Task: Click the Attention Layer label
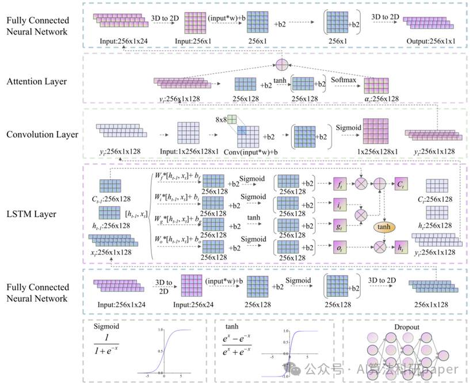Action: pos(37,82)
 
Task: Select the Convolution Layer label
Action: pos(43,135)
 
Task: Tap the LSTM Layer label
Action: pos(31,214)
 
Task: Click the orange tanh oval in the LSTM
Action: pos(384,227)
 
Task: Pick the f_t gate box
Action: pos(340,185)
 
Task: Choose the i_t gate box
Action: pos(340,205)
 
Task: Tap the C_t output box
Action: pos(400,185)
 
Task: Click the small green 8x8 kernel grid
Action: pos(232,119)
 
